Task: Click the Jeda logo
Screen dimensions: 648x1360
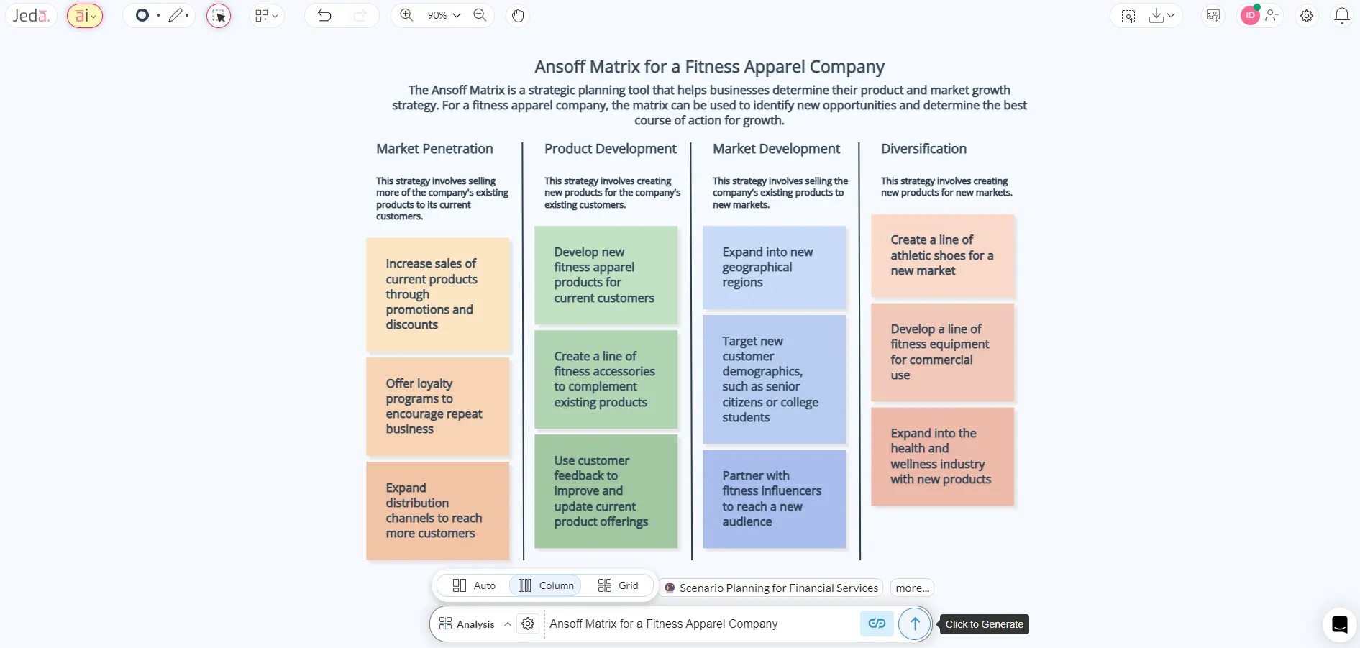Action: tap(31, 15)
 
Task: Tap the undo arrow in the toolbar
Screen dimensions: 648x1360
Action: tap(324, 15)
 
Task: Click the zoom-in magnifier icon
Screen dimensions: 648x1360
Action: tap(406, 15)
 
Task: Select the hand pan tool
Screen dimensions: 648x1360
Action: tap(518, 15)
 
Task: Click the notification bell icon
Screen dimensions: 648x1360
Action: tap(1341, 15)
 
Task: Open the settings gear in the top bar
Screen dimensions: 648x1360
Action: tap(1307, 15)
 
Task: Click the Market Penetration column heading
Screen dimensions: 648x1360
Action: tap(434, 149)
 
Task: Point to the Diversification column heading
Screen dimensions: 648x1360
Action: tap(923, 149)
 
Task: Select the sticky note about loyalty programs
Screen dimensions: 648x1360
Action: tap(437, 406)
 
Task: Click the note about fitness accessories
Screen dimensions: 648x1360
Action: tap(606, 379)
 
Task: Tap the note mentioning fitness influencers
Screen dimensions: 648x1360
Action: tap(774, 498)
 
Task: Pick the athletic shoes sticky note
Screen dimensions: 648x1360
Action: tap(942, 255)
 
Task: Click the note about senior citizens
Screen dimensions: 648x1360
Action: tap(774, 379)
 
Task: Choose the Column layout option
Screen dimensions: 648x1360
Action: tap(546, 585)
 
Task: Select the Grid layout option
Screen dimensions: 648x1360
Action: tap(618, 585)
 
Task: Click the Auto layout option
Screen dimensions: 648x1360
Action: tap(474, 585)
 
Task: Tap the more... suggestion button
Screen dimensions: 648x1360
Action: tap(912, 588)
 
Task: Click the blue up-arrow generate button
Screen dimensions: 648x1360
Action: tap(914, 624)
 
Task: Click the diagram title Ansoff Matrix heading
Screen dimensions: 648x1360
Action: tap(709, 67)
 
